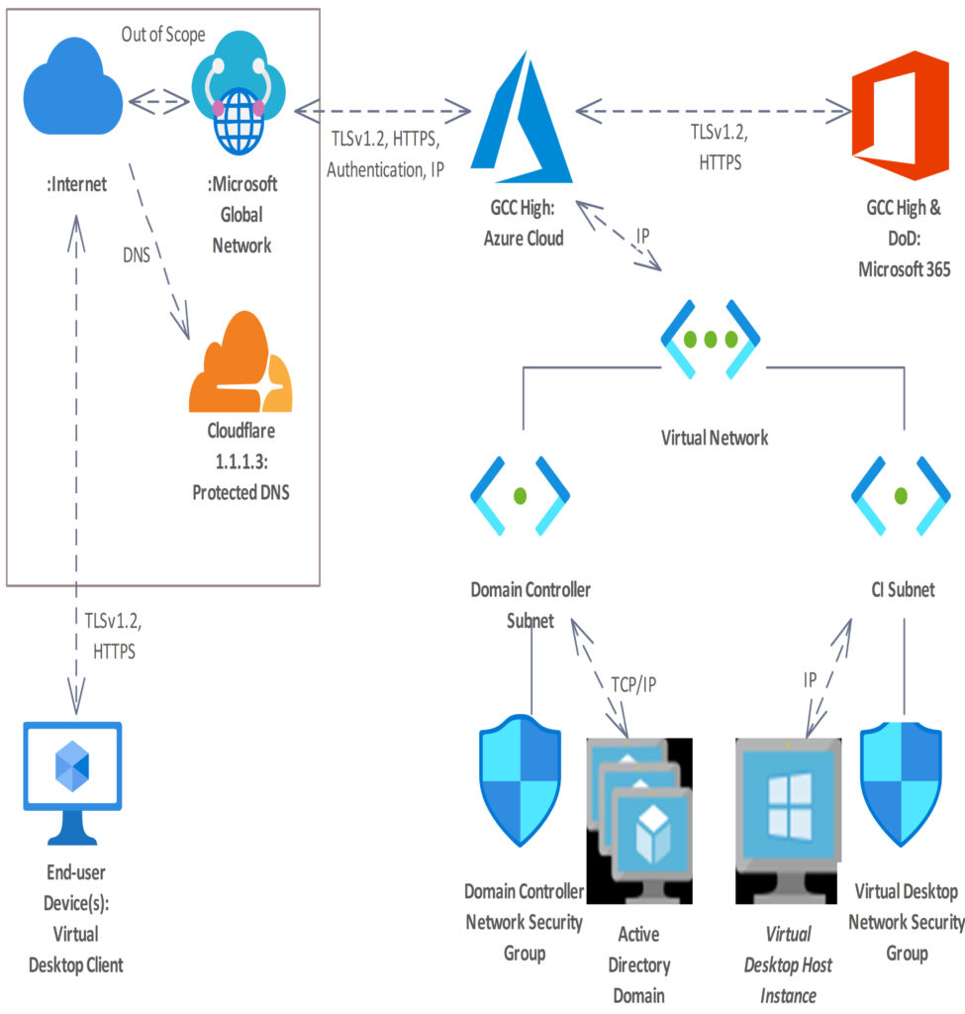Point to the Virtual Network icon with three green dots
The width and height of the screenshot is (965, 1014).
pos(711,340)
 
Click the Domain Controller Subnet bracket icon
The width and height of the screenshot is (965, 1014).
pos(521,494)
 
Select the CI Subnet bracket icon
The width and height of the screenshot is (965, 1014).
pos(900,494)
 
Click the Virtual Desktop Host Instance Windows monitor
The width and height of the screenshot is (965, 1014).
pos(789,821)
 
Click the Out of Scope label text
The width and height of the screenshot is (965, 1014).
pos(164,35)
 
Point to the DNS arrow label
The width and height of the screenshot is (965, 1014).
pos(137,255)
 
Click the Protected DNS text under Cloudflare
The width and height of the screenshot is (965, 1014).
pos(241,492)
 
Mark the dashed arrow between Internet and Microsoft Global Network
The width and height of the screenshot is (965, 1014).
pos(159,100)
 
